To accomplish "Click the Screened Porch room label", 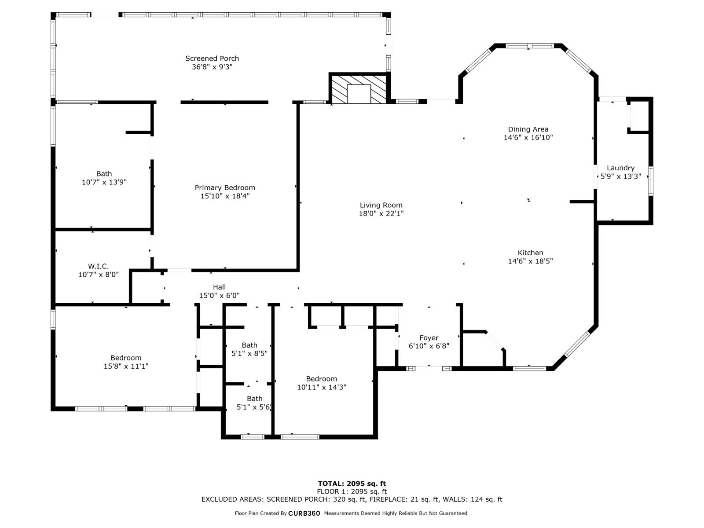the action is [x=212, y=59].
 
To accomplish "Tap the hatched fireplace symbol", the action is [x=359, y=89].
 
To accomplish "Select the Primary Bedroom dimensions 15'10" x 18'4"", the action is [x=225, y=196].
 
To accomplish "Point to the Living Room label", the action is [x=381, y=205].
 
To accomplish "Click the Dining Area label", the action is [x=528, y=129].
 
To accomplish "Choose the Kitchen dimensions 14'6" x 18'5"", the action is [x=530, y=261].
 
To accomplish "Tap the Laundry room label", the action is [x=620, y=168].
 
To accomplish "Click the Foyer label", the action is [x=429, y=338].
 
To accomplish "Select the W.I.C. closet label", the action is [x=98, y=266].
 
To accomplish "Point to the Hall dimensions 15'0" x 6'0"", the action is [x=220, y=295].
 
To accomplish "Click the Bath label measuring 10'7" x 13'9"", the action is [x=104, y=174].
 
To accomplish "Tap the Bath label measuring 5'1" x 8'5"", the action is [x=249, y=345].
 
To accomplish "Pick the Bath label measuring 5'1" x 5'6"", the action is [x=254, y=399].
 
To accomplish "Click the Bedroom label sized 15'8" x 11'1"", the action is [x=126, y=358].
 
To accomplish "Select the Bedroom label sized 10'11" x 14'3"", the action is [x=321, y=378].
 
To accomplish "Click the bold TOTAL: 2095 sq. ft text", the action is [x=352, y=484].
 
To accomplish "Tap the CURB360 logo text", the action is [x=304, y=513].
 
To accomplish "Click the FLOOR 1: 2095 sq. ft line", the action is [x=352, y=491].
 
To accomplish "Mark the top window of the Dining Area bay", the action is [x=529, y=46].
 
